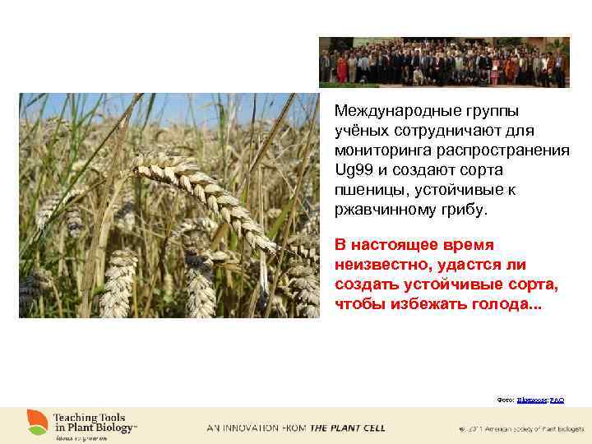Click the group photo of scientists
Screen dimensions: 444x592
point(443,62)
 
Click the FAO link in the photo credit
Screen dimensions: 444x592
point(557,399)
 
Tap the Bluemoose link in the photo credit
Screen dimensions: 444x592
point(532,399)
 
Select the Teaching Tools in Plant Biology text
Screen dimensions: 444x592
point(95,423)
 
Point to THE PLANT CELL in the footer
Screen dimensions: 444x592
point(347,428)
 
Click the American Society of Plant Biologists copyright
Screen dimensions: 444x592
point(521,428)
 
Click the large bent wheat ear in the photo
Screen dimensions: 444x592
point(206,197)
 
